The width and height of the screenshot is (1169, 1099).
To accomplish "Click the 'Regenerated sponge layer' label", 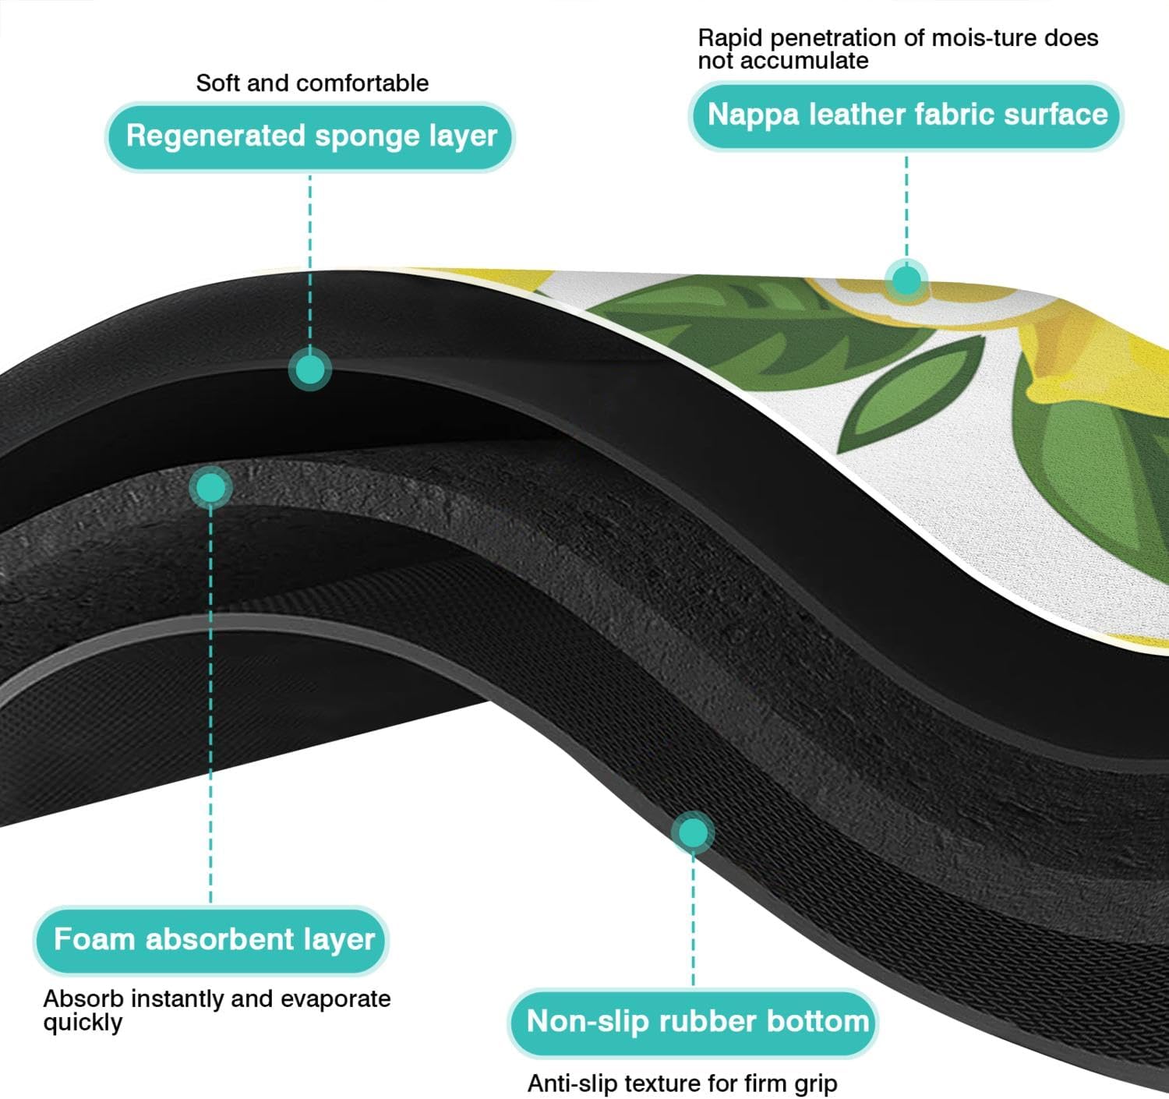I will pos(310,136).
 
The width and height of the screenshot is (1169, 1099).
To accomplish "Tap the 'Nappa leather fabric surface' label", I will pos(906,115).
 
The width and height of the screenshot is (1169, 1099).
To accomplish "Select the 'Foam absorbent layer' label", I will pos(212,939).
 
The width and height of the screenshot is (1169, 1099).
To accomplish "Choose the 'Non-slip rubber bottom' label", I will pos(694,1022).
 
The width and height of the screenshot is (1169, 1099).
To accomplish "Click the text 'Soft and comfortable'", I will pos(312,83).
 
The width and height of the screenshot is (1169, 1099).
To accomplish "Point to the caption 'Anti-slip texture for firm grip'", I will pos(682,1083).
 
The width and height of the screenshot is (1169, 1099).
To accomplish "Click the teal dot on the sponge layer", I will pos(310,369).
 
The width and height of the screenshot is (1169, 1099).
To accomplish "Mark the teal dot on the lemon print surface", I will pos(906,280).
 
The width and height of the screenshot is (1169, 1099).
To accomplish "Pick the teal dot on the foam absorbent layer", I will pos(210,488).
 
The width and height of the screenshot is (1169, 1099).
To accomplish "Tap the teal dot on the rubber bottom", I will pos(693,832).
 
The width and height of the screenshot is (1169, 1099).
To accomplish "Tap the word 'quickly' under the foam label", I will pos(83,1023).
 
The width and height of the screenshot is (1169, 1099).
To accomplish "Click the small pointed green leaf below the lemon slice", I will pos(916,394).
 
